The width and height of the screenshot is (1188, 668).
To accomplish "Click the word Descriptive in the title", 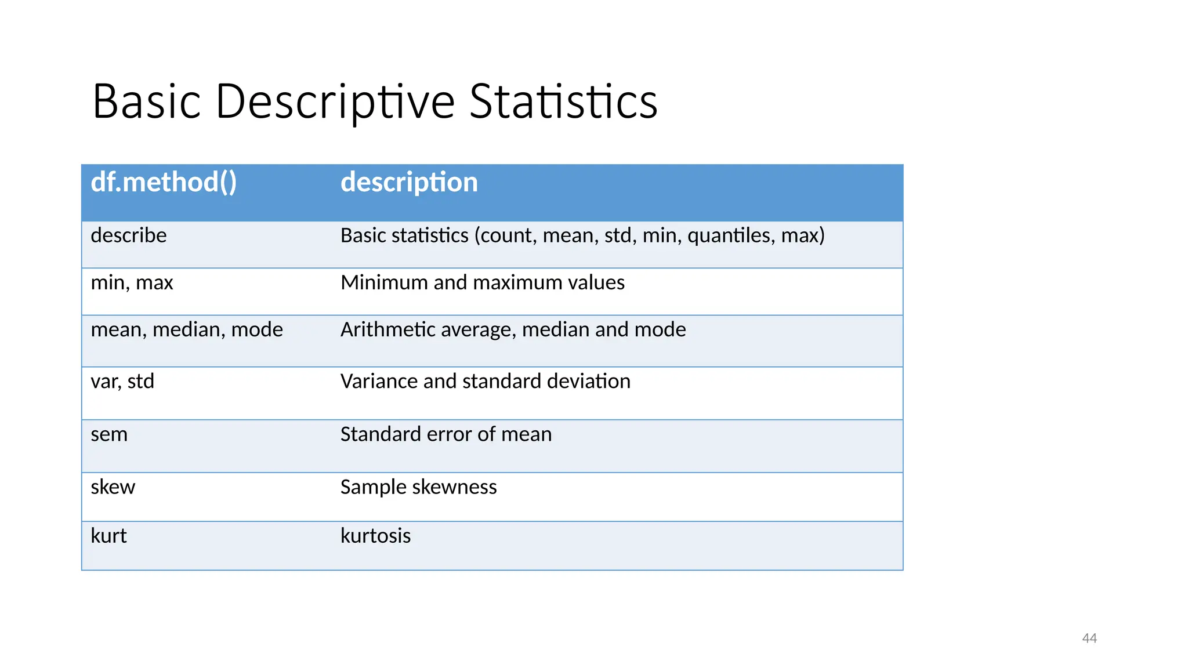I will [x=335, y=103].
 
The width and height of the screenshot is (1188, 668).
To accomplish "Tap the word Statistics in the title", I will [x=563, y=103].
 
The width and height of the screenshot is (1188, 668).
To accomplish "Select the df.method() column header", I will [x=164, y=183].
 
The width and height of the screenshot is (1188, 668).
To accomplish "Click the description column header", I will [x=409, y=183].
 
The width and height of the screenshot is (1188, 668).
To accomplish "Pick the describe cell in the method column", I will [x=129, y=235].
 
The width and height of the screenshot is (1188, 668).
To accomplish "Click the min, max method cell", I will [x=132, y=283].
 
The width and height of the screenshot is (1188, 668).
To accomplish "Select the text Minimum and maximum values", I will [x=482, y=283].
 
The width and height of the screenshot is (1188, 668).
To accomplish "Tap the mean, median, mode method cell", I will [x=187, y=330].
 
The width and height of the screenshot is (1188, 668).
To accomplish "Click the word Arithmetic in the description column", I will [x=387, y=330].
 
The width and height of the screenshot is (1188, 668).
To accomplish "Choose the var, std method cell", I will [x=122, y=382].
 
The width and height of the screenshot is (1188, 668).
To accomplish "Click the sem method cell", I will [x=109, y=434].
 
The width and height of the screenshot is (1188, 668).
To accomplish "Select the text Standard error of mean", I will [x=445, y=434].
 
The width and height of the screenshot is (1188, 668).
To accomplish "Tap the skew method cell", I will [x=113, y=487].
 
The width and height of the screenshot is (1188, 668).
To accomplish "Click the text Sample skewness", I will [x=418, y=487].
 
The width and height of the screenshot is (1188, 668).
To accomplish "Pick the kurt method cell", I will [x=108, y=536].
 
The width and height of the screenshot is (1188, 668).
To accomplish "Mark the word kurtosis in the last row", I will [x=375, y=536].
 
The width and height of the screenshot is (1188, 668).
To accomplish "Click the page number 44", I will [x=1089, y=638].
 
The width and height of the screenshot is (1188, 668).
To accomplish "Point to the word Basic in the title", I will [x=147, y=103].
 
